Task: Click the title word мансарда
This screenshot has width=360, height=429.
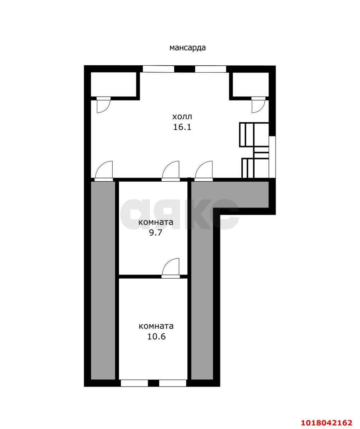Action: [x=187, y=48]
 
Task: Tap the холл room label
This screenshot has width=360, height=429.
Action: [x=182, y=117]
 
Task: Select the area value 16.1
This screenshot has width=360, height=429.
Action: [x=182, y=127]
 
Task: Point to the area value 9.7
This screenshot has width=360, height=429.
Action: [x=156, y=233]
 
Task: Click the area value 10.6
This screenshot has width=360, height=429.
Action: [x=157, y=336]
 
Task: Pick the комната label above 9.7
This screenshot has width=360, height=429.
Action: [x=156, y=222]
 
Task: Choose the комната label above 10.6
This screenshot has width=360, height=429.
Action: [x=156, y=326]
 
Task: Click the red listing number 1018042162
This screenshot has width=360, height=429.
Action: [x=327, y=421]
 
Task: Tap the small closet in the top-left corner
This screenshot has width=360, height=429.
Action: [x=114, y=84]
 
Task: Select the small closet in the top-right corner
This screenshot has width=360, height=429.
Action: [x=250, y=84]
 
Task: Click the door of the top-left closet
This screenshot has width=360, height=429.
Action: [x=103, y=105]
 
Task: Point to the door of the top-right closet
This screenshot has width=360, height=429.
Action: [x=258, y=105]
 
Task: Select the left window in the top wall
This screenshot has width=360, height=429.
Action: [x=159, y=69]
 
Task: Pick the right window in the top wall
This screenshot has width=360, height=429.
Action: [x=211, y=69]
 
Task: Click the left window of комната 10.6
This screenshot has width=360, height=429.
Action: [x=134, y=383]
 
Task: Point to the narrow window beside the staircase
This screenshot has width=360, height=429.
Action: [x=272, y=157]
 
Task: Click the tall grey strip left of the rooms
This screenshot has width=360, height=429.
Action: [x=103, y=281]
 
